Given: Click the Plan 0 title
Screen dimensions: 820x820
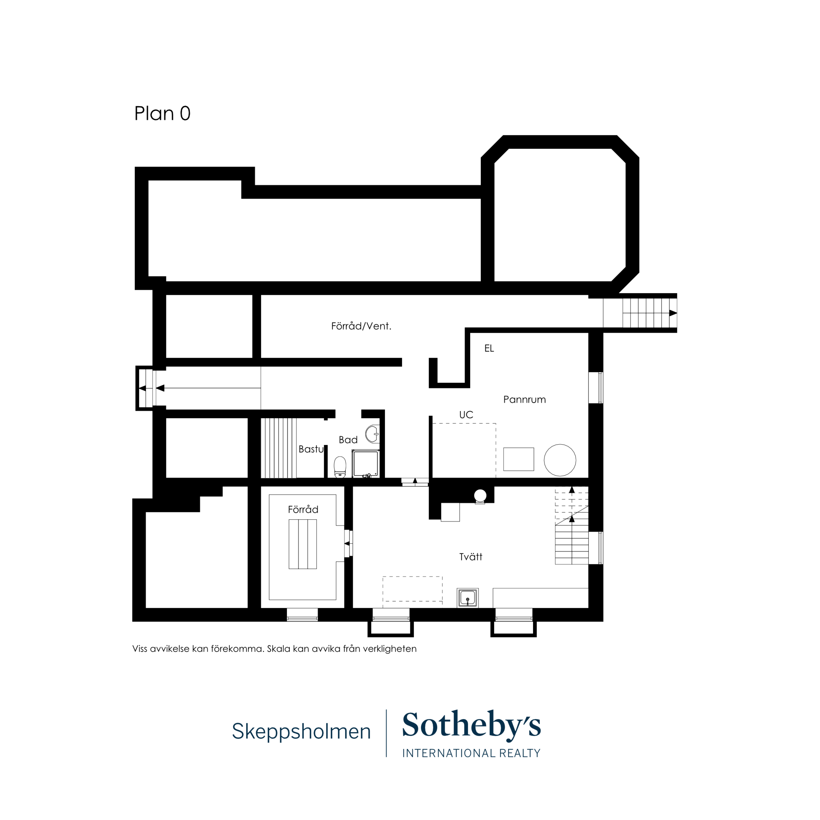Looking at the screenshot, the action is click(x=162, y=113).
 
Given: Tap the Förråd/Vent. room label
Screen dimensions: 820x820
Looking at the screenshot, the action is click(x=361, y=326).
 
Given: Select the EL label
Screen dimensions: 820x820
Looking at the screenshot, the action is click(x=489, y=348).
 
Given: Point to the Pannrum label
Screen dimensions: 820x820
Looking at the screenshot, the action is click(x=524, y=399).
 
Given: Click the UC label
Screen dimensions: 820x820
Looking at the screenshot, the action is click(x=466, y=415).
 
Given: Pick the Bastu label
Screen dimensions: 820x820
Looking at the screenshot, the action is click(x=311, y=449).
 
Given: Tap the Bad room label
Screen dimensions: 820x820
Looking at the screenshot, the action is click(x=348, y=440).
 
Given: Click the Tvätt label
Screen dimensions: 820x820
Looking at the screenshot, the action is click(x=471, y=557).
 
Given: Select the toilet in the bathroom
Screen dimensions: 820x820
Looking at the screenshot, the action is click(x=340, y=467).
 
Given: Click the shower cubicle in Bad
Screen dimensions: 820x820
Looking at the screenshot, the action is click(x=365, y=464).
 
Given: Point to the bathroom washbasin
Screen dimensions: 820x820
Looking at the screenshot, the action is click(x=372, y=434).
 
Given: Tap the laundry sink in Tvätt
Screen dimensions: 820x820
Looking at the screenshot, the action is click(x=468, y=598).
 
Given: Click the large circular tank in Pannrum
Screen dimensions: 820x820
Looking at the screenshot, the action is click(x=560, y=460).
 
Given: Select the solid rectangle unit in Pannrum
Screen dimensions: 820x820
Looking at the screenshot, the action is click(x=519, y=459).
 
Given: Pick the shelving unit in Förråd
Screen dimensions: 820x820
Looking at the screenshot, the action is click(x=303, y=544).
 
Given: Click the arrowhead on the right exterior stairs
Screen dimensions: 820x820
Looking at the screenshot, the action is click(x=673, y=313).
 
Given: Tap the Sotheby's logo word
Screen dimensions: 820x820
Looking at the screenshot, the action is click(x=471, y=724).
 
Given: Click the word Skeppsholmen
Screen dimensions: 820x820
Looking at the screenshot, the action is click(x=301, y=731).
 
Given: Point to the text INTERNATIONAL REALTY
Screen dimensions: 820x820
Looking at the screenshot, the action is click(x=471, y=753).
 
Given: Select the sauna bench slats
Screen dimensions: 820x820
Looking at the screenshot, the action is click(x=278, y=448).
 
